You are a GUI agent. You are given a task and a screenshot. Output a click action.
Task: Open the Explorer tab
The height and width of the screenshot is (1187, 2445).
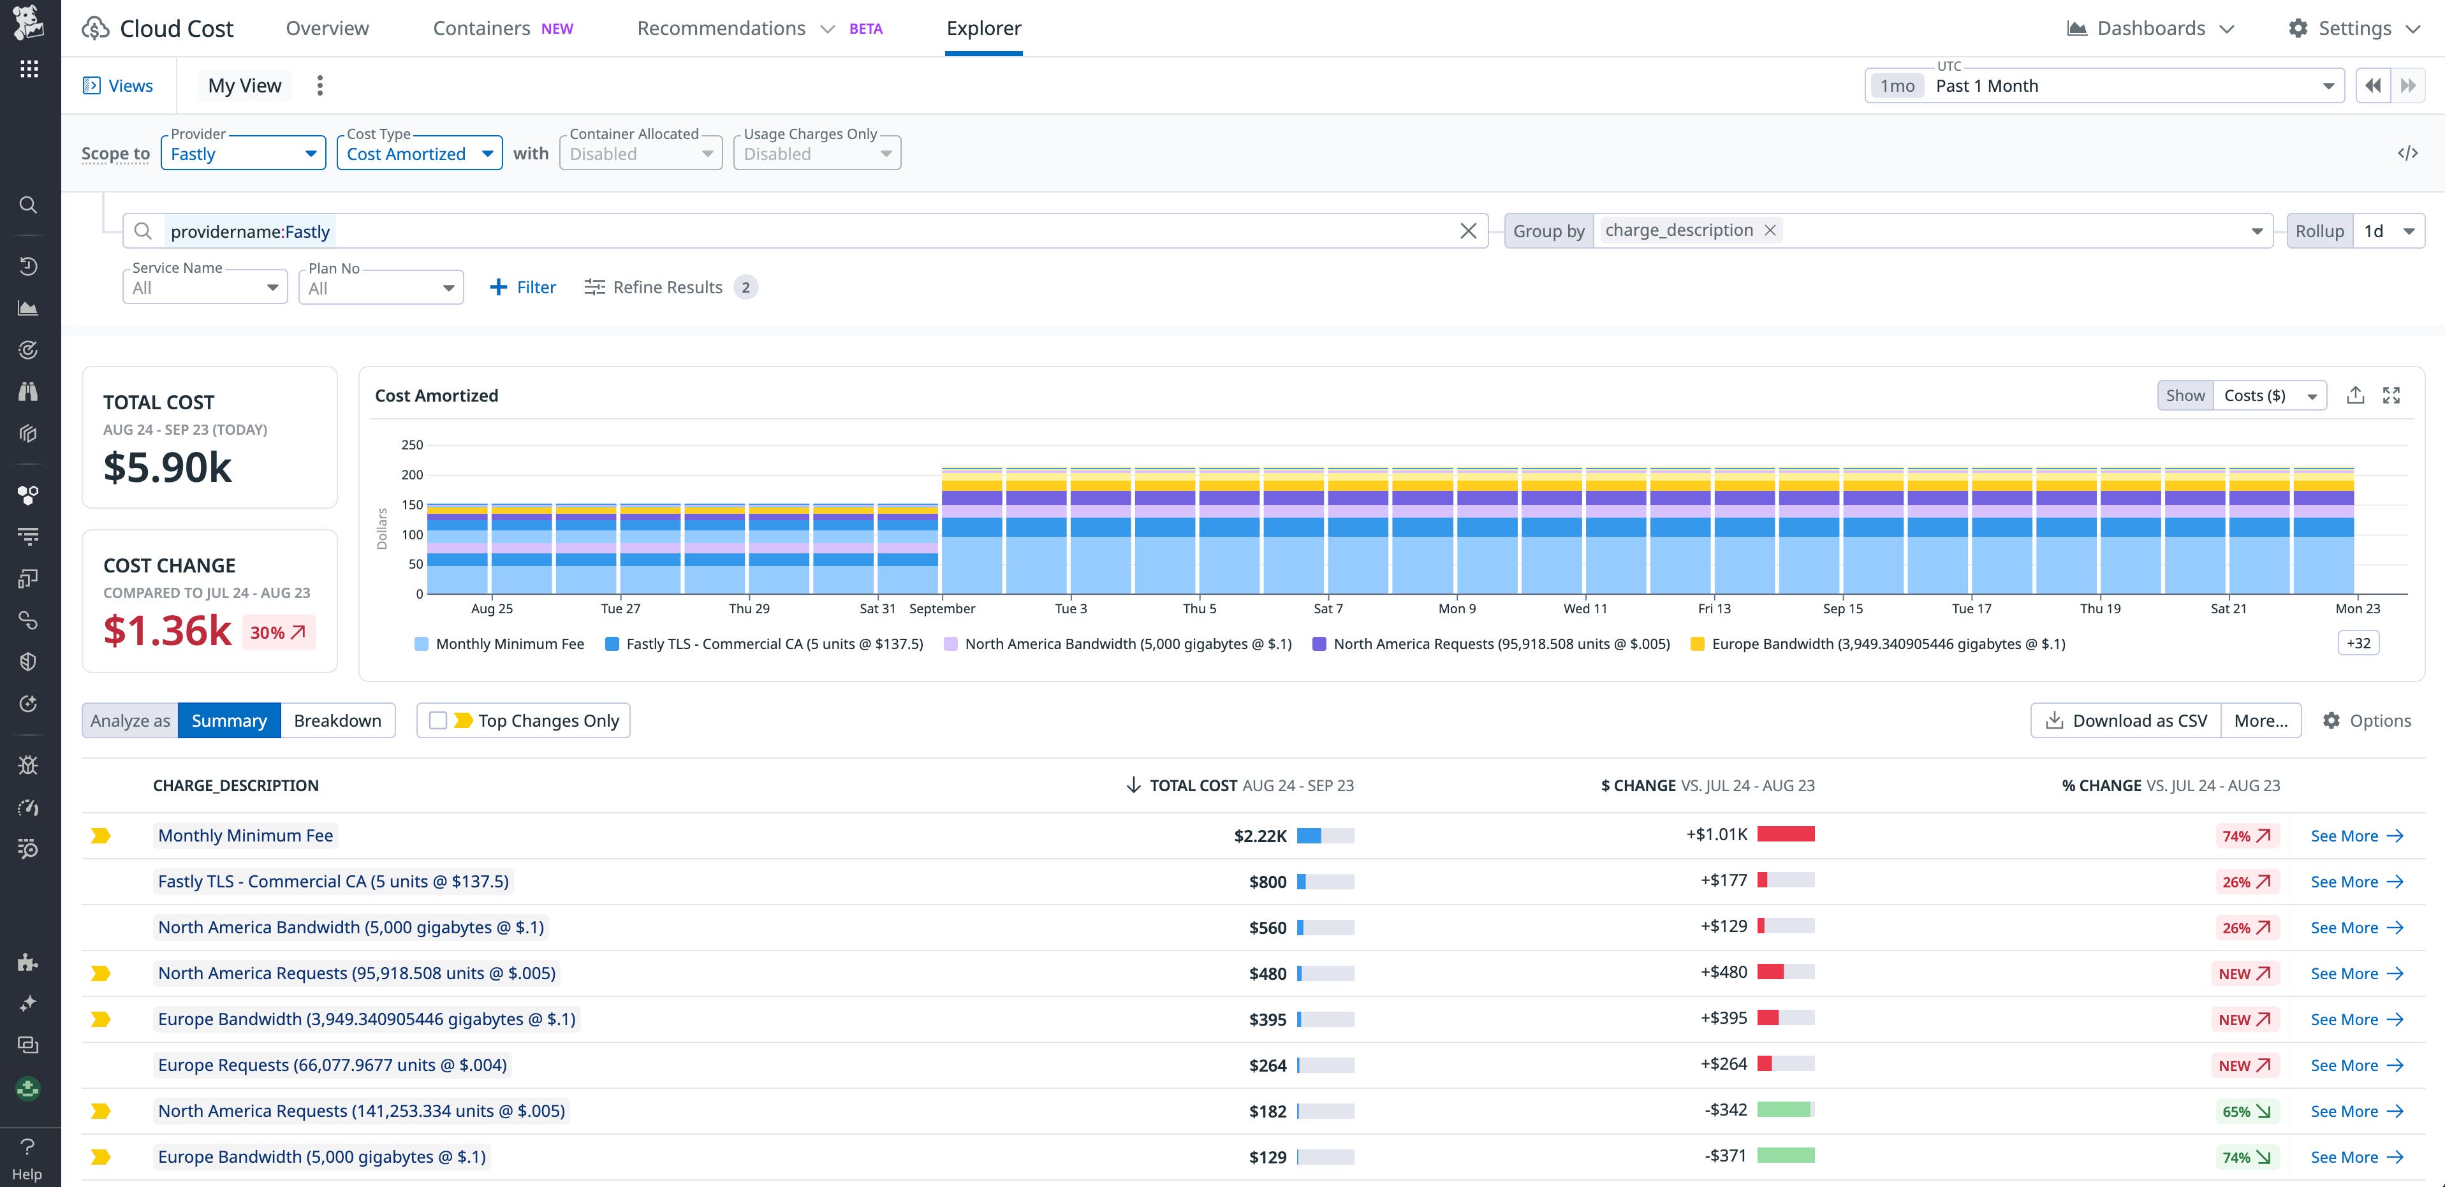point(983,29)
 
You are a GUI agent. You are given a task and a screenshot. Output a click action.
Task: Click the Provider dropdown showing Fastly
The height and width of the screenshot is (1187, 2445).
point(243,154)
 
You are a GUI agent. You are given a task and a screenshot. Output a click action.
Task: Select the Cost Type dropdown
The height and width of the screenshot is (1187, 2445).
point(418,154)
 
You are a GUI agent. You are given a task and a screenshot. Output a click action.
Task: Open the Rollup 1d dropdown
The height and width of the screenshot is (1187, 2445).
point(2388,231)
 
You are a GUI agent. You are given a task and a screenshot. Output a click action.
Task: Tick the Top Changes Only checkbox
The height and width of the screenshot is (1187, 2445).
point(437,721)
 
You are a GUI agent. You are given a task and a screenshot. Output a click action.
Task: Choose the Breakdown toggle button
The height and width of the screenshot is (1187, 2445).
point(337,721)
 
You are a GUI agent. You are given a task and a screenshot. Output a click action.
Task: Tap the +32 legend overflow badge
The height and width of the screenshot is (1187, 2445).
point(2358,643)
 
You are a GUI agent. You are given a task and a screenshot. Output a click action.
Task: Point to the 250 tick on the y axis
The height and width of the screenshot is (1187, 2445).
point(412,445)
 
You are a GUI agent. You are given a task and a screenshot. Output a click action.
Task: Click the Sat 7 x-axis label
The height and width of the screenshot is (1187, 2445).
point(1328,608)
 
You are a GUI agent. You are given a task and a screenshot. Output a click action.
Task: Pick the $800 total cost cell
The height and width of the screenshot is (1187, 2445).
point(1267,882)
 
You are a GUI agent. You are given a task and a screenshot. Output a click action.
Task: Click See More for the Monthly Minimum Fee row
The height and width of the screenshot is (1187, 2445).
point(2356,836)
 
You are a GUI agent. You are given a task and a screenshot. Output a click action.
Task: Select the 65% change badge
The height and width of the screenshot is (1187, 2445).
point(2245,1112)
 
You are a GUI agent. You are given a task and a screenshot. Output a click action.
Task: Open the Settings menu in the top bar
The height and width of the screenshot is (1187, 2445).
point(2354,29)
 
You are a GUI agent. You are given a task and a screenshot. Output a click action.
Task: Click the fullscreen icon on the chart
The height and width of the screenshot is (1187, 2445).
point(2391,396)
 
